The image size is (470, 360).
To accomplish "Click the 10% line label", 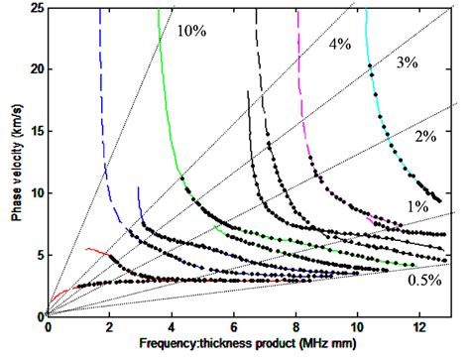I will (192, 31).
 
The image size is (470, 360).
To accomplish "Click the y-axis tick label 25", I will (34, 8).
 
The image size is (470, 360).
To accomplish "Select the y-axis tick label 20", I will (34, 69).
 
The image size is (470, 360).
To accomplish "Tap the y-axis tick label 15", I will (34, 131).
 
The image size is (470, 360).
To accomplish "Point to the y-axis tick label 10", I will (34, 192).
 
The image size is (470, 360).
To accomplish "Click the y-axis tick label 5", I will (38, 254).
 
